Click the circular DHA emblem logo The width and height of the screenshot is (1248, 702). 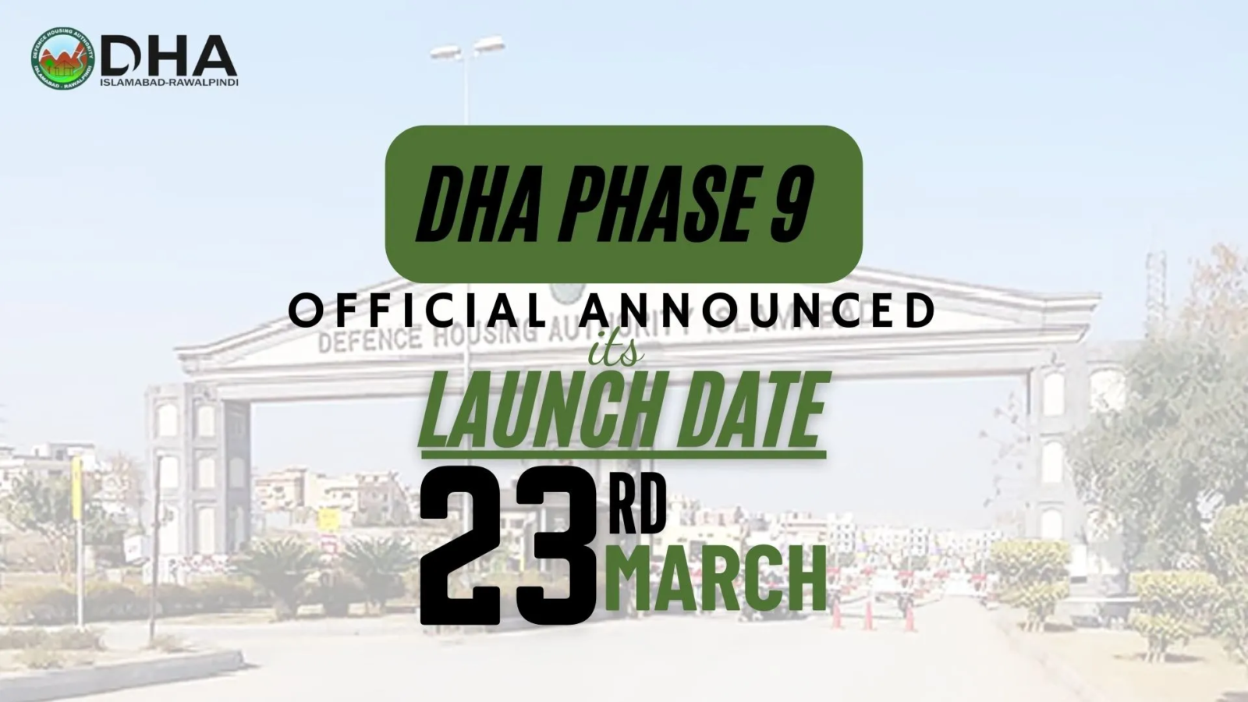(x=62, y=59)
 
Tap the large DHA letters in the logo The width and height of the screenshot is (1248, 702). (x=168, y=55)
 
